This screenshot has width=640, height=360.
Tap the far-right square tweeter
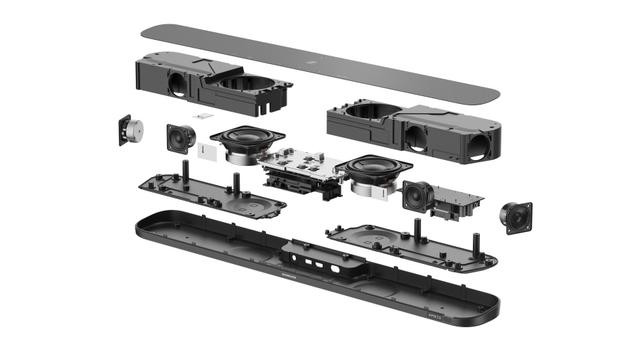click(x=517, y=217)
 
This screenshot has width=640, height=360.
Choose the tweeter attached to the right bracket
click(x=417, y=194)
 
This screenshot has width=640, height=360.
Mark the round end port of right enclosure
click(x=478, y=146)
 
